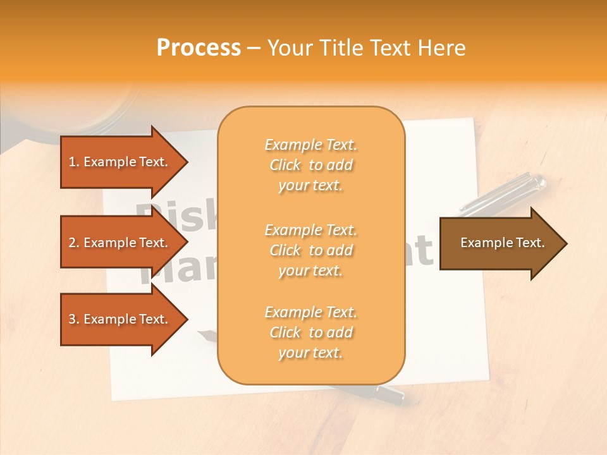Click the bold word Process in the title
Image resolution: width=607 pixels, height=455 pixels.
click(199, 48)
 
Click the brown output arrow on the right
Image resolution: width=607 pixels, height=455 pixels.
click(500, 243)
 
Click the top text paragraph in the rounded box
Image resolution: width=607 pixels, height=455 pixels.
click(310, 165)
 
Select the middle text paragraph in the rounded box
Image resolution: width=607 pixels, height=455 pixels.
click(310, 250)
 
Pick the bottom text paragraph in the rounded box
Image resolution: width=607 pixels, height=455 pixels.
click(310, 332)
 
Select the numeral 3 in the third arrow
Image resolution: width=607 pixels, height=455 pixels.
click(71, 319)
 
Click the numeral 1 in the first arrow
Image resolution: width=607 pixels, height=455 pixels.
click(71, 162)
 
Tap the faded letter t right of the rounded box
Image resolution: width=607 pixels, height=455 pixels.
click(425, 252)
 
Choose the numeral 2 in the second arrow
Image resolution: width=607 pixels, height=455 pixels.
click(71, 243)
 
